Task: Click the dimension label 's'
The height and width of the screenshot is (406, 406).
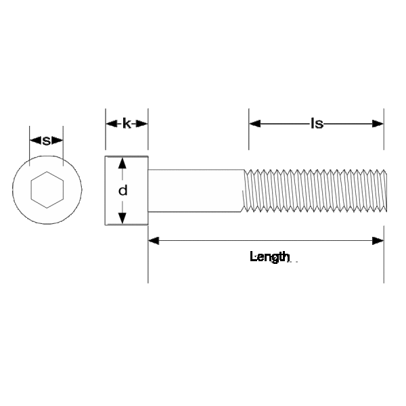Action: (x=47, y=141)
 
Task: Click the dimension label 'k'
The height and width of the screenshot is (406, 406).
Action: (x=127, y=124)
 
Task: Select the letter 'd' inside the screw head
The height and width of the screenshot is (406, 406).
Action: (x=122, y=191)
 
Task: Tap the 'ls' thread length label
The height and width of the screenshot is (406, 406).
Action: (x=316, y=124)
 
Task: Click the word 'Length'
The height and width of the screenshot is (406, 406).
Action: (x=270, y=257)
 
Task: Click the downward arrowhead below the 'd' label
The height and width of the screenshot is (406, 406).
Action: (x=122, y=217)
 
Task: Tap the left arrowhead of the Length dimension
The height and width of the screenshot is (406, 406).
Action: (x=154, y=240)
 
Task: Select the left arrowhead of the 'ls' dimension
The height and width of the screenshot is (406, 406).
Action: (x=255, y=124)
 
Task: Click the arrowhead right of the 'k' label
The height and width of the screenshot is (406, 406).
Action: (x=141, y=124)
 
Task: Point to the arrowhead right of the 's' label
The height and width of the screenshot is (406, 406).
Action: (x=58, y=141)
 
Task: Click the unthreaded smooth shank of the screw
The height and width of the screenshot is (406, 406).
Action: (x=195, y=191)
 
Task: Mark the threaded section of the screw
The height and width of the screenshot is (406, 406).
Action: (x=311, y=191)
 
